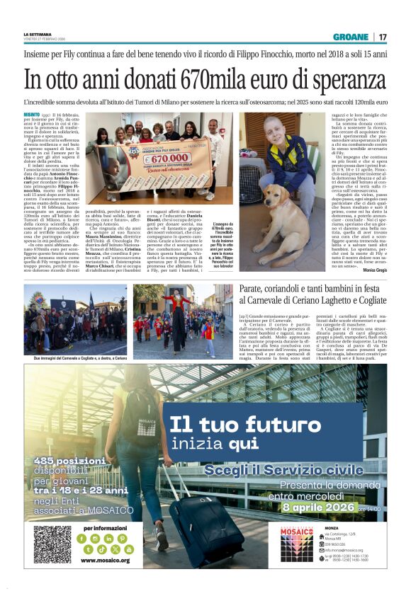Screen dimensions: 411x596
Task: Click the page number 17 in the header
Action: [x=383, y=36]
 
